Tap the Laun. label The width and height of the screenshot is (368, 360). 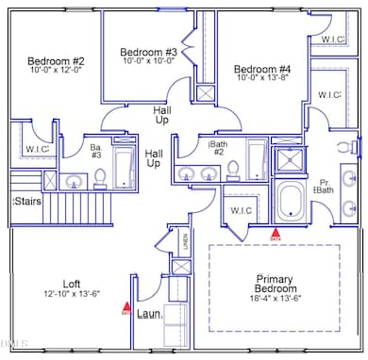click(x=147, y=312)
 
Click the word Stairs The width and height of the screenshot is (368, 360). click(x=25, y=201)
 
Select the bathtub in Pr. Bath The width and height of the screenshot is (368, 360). click(x=296, y=201)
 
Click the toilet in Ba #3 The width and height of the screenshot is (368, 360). click(x=100, y=176)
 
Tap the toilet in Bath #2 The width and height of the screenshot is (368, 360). click(x=233, y=171)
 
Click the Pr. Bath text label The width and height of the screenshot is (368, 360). click(x=324, y=186)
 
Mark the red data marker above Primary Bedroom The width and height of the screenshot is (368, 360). click(x=276, y=231)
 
